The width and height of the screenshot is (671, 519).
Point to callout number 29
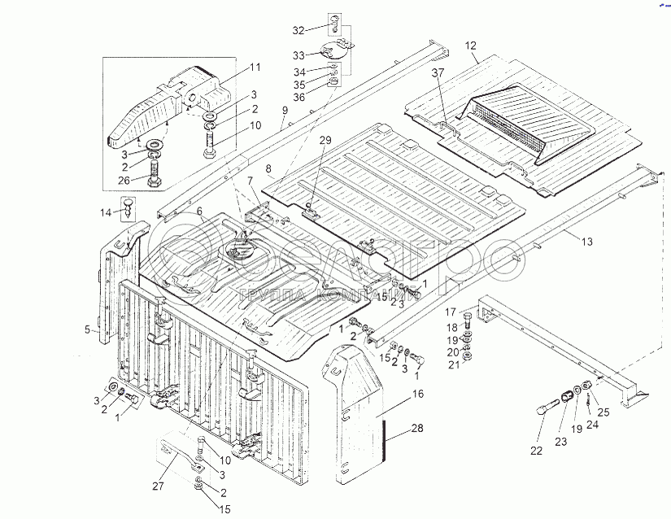[x=325, y=141]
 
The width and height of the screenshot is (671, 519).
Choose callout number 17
[x=449, y=311]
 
